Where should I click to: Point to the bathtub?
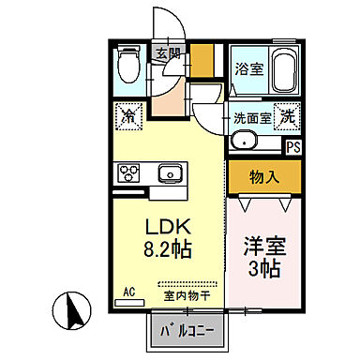[x=281, y=68]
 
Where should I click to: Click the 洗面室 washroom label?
[x=251, y=120]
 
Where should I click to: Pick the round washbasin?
[x=244, y=142]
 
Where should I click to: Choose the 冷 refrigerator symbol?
[x=128, y=119]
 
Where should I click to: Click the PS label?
[x=293, y=146]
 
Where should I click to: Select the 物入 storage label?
[x=262, y=174]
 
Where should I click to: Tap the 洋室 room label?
[x=263, y=242]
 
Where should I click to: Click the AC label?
[x=130, y=292]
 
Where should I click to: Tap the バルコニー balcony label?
[x=187, y=330]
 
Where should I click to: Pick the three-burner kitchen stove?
[x=128, y=173]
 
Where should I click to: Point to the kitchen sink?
[x=171, y=172]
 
